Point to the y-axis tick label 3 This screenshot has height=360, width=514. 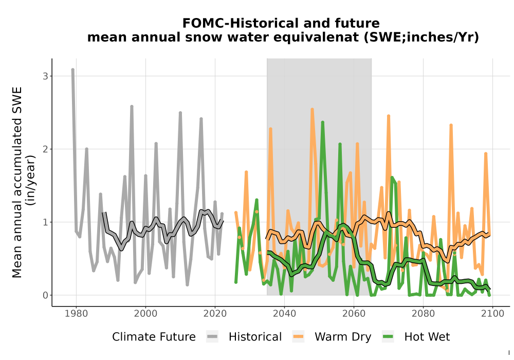(x=46, y=76)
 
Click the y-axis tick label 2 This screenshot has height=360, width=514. (x=46, y=149)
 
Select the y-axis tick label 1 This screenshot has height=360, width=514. (x=46, y=222)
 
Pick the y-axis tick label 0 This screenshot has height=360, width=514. (x=46, y=295)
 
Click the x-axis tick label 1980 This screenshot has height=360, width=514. (x=77, y=314)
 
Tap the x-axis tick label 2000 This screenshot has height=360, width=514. (x=145, y=314)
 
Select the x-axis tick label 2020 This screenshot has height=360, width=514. (x=215, y=314)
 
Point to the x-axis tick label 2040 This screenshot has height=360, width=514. (x=285, y=314)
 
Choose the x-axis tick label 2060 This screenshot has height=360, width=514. (x=354, y=314)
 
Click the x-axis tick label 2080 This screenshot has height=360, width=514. (x=423, y=314)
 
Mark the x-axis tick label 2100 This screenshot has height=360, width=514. (x=492, y=314)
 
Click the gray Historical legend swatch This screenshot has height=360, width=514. (x=212, y=337)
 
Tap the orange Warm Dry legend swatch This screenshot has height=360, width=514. (x=298, y=337)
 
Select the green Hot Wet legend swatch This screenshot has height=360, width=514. (x=388, y=337)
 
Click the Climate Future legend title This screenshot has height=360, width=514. (x=154, y=337)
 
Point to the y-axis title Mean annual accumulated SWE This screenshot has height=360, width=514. (x=17, y=183)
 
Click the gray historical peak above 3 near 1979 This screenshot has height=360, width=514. (x=73, y=70)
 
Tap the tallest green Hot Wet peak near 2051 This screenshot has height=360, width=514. (x=323, y=122)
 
